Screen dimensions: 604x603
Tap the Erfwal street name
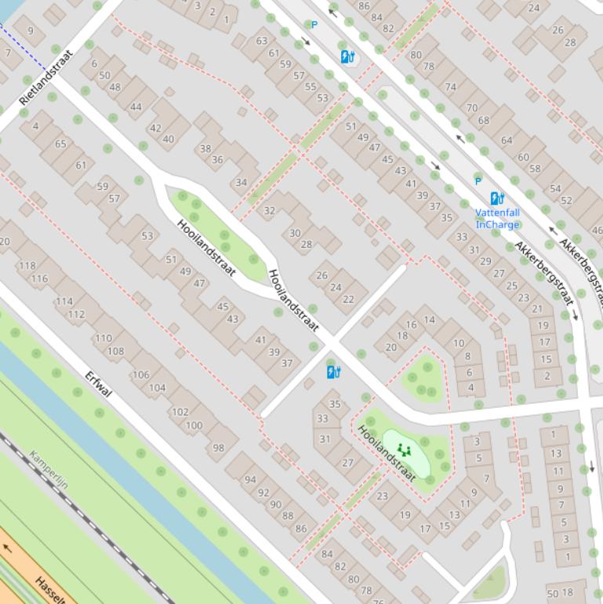coord(100,384)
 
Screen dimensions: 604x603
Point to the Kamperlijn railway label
coord(49,470)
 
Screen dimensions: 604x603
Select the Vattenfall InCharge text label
coord(497,219)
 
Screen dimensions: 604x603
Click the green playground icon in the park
coord(405,450)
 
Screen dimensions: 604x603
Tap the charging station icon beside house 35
coord(334,372)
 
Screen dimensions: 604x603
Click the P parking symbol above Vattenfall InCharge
coord(478,181)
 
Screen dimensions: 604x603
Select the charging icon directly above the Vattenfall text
coord(497,198)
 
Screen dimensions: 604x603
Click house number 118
coord(27,266)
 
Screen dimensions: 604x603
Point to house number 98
coord(218,448)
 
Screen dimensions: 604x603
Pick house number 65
coord(60,144)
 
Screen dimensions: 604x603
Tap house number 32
coord(270,210)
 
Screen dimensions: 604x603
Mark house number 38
coord(205,148)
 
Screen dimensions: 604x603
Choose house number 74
coord(450,87)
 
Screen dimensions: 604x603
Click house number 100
coord(194,426)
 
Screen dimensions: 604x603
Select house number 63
coord(261,41)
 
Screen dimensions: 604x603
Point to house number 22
coord(348,299)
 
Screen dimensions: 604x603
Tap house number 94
coord(250,479)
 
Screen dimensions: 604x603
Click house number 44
coord(136,107)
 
